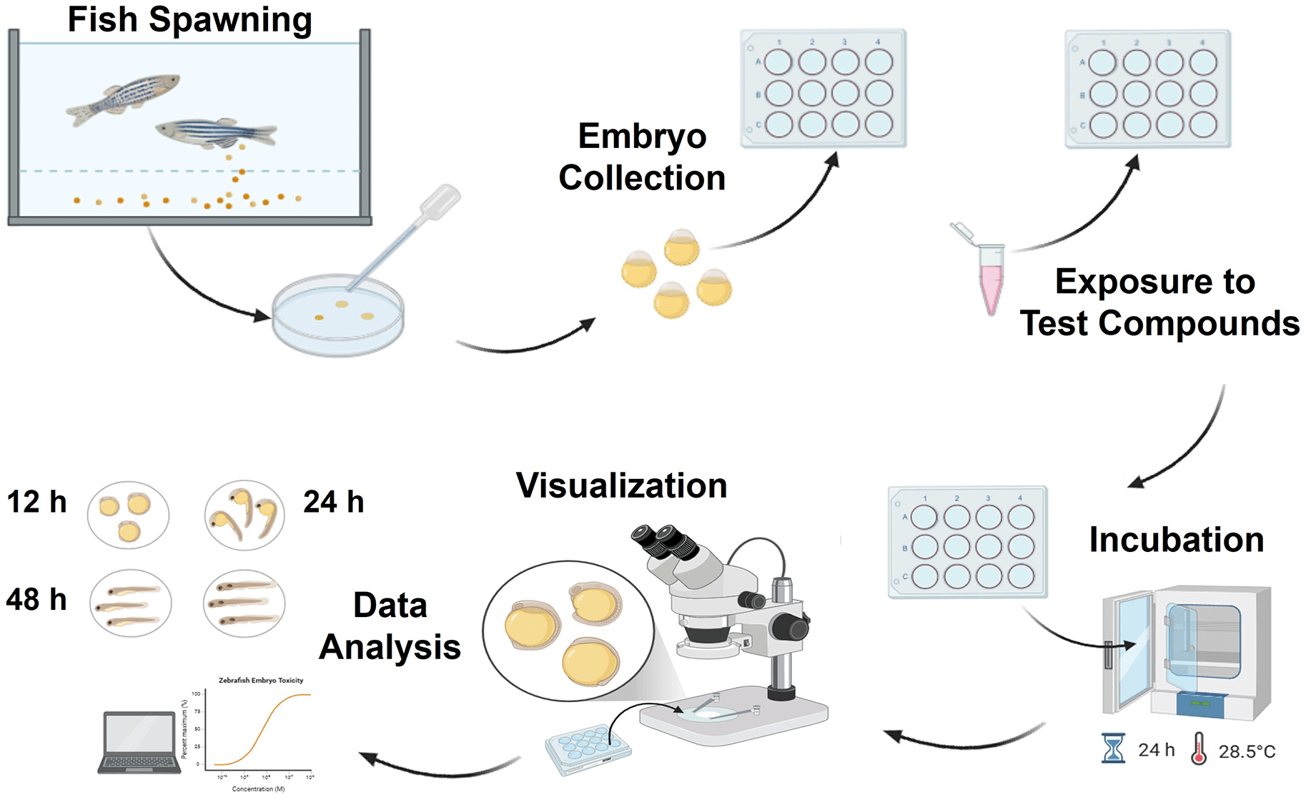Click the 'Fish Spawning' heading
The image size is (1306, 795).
click(189, 20)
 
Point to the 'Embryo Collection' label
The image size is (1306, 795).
click(642, 157)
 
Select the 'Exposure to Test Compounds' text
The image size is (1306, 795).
click(1158, 302)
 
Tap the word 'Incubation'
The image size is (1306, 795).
click(1176, 539)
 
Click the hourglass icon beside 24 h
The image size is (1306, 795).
click(1113, 749)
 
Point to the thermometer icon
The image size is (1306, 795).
click(1199, 749)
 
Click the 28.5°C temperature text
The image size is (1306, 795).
click(1247, 751)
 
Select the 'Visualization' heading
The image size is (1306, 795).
click(621, 485)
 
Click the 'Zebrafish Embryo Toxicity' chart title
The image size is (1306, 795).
click(261, 681)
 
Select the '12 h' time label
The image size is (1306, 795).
click(36, 502)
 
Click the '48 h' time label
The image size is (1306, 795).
click(36, 599)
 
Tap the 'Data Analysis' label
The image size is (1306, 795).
click(390, 626)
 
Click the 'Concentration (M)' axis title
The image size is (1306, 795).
click(258, 789)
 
